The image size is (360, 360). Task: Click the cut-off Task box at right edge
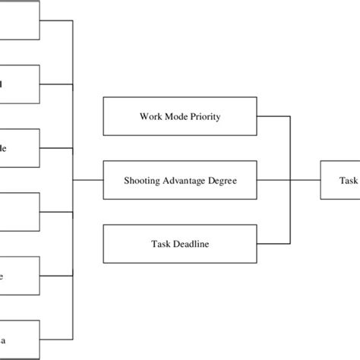click(x=340, y=180)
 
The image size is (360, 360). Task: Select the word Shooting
click(x=143, y=180)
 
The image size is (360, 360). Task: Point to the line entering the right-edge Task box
click(x=305, y=180)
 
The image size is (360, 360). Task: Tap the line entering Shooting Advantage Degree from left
click(x=88, y=180)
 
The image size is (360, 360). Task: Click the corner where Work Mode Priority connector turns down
click(x=289, y=116)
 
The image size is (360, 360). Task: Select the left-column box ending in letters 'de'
click(x=19, y=148)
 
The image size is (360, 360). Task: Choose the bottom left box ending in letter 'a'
click(x=19, y=339)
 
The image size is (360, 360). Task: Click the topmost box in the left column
click(x=19, y=21)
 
